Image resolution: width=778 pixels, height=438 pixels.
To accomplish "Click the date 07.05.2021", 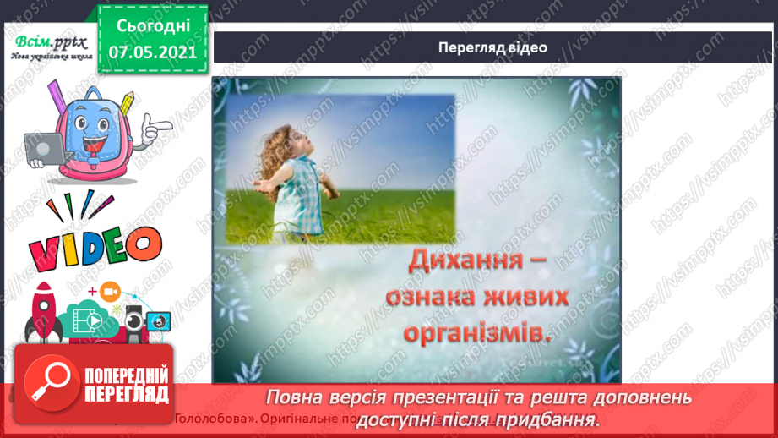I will point(152,52).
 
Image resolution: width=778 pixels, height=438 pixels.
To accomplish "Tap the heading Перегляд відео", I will point(492,47).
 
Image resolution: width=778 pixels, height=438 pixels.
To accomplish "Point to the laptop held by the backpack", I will point(41,149).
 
